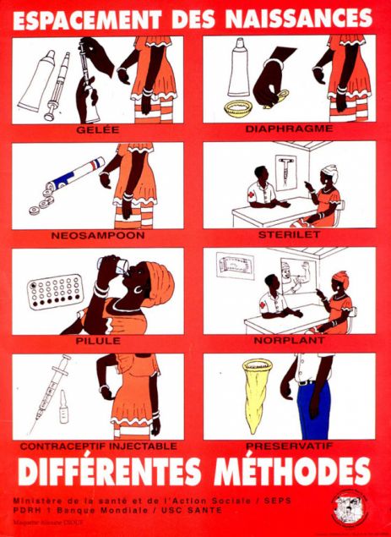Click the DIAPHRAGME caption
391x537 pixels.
pyautogui.click(x=290, y=129)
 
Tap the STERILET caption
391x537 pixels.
pyautogui.click(x=290, y=234)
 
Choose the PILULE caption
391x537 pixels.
pyautogui.click(x=99, y=340)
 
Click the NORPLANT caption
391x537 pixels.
pyautogui.click(x=290, y=340)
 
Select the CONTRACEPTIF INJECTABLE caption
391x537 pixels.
pyautogui.click(x=99, y=445)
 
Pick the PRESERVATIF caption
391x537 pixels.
pyautogui.click(x=290, y=445)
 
